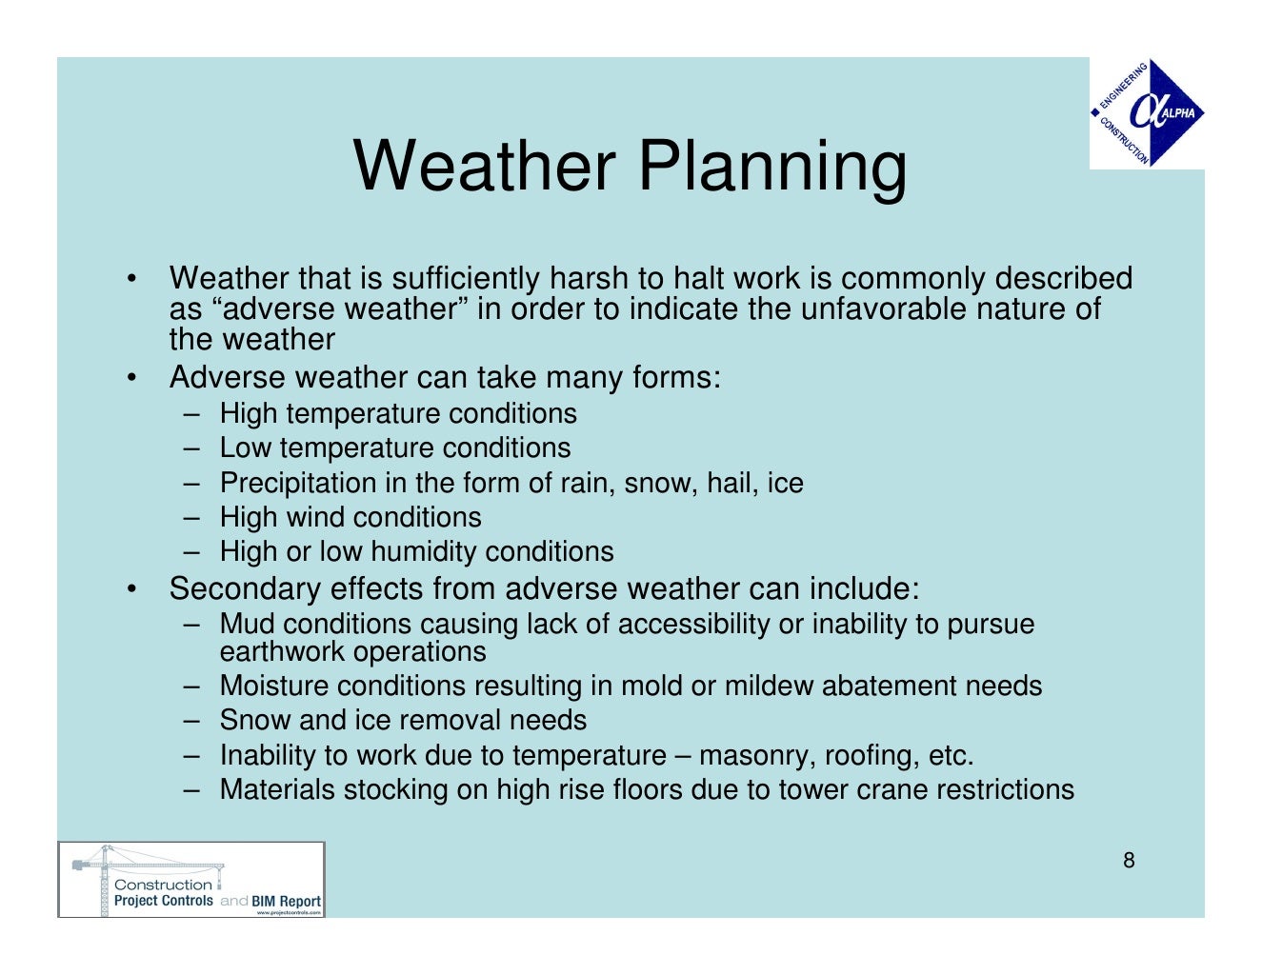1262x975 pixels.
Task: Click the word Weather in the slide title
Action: (484, 166)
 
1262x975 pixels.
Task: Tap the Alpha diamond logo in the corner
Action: (1147, 113)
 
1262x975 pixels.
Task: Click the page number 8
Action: (1129, 861)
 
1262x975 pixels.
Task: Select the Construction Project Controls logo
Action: (190, 880)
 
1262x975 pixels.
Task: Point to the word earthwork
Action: (283, 652)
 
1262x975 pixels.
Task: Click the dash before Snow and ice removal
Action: (193, 720)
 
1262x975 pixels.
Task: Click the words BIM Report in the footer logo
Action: (286, 901)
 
